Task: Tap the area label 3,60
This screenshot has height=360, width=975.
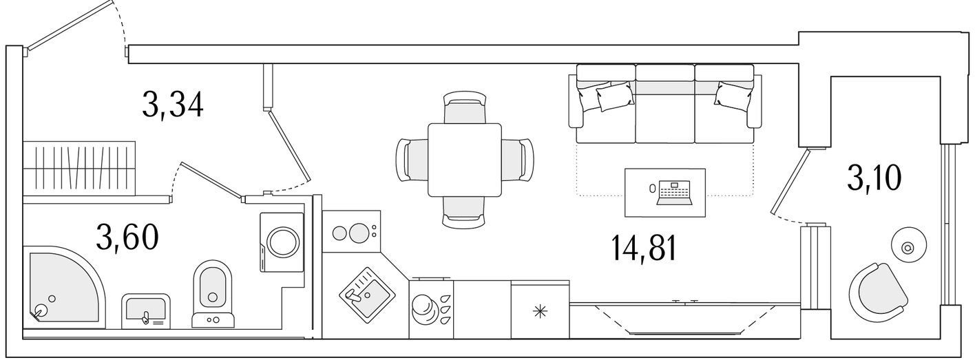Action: click(x=127, y=237)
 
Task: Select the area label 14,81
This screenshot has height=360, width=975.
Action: click(x=644, y=248)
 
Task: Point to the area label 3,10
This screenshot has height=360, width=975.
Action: click(x=874, y=178)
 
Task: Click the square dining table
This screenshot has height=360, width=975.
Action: click(x=465, y=160)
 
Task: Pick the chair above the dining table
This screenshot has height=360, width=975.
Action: click(x=465, y=107)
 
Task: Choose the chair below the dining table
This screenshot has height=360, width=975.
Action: click(x=464, y=212)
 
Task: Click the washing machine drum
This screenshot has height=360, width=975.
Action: click(x=282, y=243)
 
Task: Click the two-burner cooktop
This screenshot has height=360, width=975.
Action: click(x=352, y=232)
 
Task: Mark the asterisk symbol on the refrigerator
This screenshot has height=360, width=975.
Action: click(x=540, y=311)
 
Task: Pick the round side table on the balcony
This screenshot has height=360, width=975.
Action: click(x=908, y=248)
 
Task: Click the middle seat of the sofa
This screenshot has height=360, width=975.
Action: click(x=664, y=104)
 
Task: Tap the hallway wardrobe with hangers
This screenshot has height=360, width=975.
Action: click(x=79, y=168)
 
